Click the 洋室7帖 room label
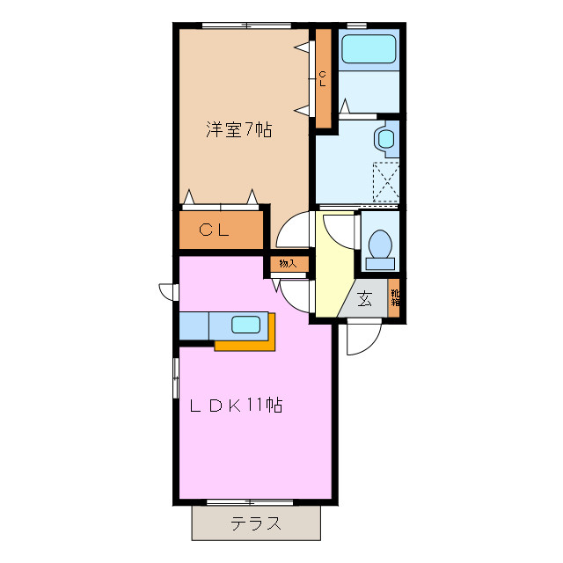point(238,130)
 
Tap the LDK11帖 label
point(237,406)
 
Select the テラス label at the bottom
point(256,524)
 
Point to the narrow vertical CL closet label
point(323,79)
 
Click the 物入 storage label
point(288,263)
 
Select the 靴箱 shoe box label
point(395,297)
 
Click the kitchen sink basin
point(245,324)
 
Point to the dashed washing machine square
point(387,181)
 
